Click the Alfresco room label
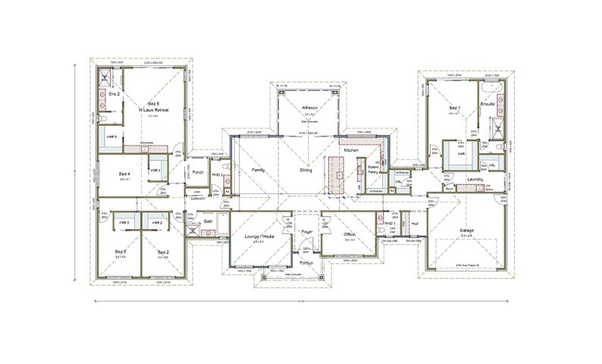click(309, 108)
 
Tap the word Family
click(256, 170)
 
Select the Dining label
click(306, 170)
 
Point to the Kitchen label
click(350, 151)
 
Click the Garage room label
click(466, 230)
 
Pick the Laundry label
click(475, 179)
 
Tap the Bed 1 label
click(454, 108)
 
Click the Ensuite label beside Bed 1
click(488, 103)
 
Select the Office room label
click(350, 235)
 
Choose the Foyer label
click(306, 231)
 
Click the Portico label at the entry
click(306, 262)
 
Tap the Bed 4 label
click(124, 174)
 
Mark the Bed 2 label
click(163, 250)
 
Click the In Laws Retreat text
click(154, 110)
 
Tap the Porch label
click(199, 172)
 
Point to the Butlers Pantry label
click(373, 169)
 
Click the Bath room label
click(209, 221)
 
